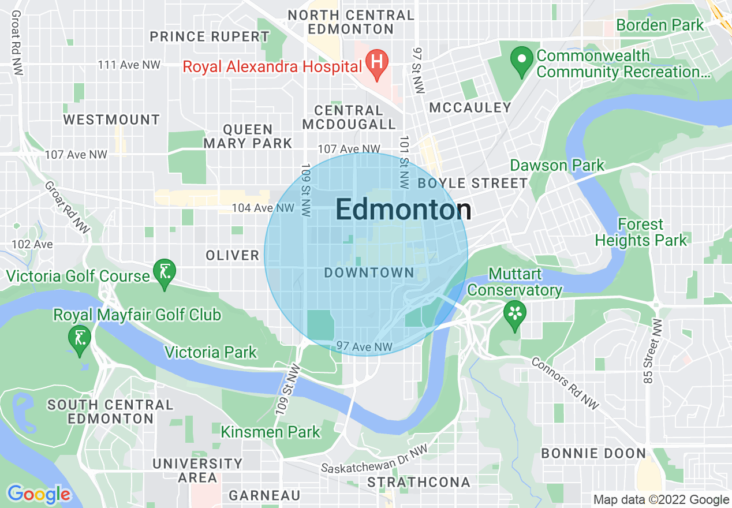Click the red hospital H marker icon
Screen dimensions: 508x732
[376, 59]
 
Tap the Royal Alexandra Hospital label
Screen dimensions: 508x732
[272, 66]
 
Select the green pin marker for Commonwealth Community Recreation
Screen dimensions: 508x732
[522, 59]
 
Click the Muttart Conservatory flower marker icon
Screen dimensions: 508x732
[513, 313]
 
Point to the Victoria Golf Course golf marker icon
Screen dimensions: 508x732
[165, 270]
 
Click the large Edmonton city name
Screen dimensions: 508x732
[403, 210]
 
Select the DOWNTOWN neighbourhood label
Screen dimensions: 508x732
[369, 272]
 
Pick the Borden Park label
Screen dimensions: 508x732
[660, 25]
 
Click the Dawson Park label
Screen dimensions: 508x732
[557, 166]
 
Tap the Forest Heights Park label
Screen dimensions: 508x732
[641, 232]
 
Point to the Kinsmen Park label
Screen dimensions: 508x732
[270, 431]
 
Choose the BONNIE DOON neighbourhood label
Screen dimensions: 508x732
[593, 453]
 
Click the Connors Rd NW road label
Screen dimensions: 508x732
[565, 383]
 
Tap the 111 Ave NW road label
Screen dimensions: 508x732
[129, 65]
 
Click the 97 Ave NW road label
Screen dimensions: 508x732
[364, 346]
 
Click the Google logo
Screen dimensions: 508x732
[39, 494]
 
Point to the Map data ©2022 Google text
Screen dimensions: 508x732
[661, 500]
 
